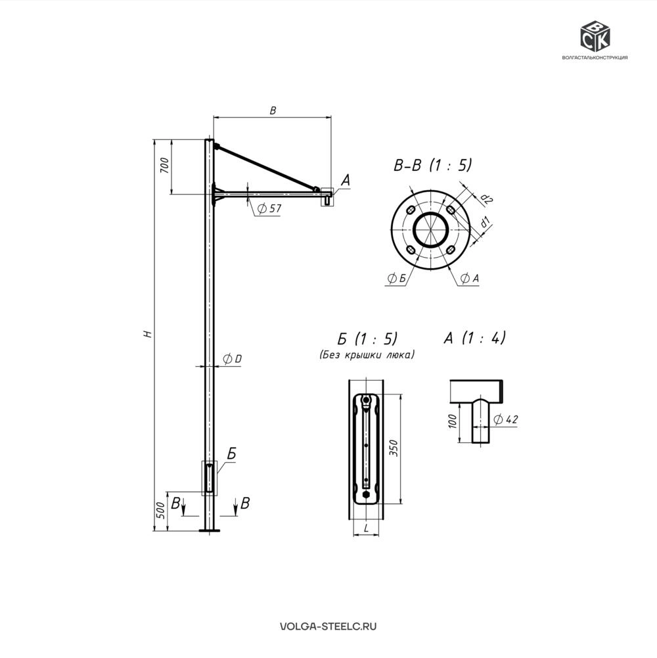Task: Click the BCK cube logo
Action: point(595,36)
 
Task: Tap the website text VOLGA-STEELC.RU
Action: point(328,626)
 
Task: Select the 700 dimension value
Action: point(164,166)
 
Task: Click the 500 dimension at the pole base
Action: point(161,511)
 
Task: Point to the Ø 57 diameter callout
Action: point(269,208)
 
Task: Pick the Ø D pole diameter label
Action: point(233,359)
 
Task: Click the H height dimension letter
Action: point(147,334)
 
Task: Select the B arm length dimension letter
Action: point(273,110)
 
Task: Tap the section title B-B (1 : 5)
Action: point(432,165)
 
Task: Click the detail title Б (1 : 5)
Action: point(367,339)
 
